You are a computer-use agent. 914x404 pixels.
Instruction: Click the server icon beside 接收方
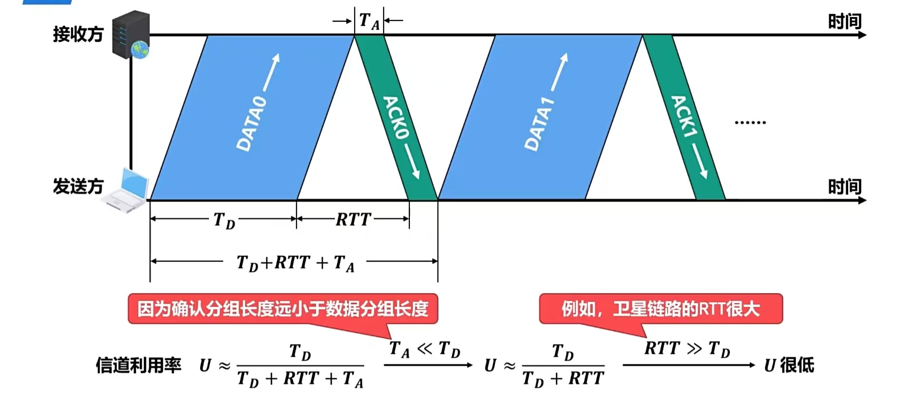pos(131,34)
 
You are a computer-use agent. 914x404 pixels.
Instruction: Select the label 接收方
pos(78,34)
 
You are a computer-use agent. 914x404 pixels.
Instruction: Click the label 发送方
pos(78,186)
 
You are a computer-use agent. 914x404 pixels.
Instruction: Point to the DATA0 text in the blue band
pos(252,124)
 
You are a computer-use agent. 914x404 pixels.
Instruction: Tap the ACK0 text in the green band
pos(396,117)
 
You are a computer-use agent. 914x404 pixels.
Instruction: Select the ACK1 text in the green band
pos(684,116)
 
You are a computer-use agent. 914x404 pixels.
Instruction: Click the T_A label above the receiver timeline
pos(369,21)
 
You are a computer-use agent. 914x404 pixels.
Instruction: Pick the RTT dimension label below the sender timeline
pos(353,219)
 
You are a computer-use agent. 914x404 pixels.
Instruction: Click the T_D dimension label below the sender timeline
pos(224,221)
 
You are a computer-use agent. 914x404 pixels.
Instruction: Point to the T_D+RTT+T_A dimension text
pos(295,263)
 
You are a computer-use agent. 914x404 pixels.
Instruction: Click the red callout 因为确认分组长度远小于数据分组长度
pos(283,309)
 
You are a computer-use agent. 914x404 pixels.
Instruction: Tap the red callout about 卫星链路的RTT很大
pos(660,309)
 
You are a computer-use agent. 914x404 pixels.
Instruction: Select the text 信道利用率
pos(139,365)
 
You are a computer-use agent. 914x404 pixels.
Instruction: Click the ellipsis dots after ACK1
pos(750,123)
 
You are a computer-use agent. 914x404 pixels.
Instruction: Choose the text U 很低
pos(789,365)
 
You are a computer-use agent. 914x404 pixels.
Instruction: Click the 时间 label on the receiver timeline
pos(844,21)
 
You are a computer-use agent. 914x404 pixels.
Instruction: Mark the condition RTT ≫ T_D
pos(687,349)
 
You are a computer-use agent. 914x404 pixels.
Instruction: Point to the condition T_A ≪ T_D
pos(425,349)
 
